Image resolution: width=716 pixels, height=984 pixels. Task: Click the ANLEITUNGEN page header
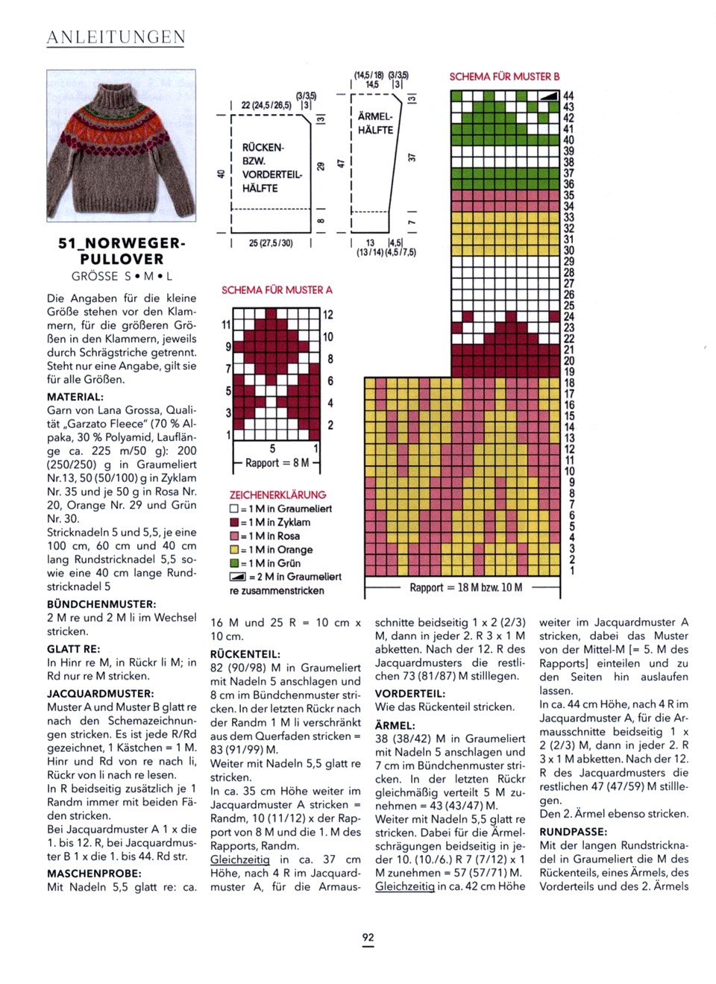pyautogui.click(x=116, y=37)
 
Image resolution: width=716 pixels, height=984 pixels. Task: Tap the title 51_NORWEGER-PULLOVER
pyautogui.click(x=122, y=251)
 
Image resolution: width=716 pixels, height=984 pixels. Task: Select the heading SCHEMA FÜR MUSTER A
pyautogui.click(x=277, y=290)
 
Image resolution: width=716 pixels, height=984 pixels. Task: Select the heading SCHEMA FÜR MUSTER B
pyautogui.click(x=504, y=77)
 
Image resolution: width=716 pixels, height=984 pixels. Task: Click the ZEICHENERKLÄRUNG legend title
pyautogui.click(x=277, y=495)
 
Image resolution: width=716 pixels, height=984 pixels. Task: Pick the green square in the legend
pyautogui.click(x=234, y=563)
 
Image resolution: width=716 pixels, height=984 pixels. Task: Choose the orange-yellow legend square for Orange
pyautogui.click(x=234, y=550)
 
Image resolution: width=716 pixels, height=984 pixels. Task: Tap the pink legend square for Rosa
pyautogui.click(x=234, y=536)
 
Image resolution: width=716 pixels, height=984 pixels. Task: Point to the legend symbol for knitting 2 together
pyautogui.click(x=236, y=577)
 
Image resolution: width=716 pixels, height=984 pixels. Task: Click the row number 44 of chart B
pyautogui.click(x=568, y=96)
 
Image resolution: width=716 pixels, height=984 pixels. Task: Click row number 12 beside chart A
pyautogui.click(x=328, y=315)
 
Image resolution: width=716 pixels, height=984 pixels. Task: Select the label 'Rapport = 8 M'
pyautogui.click(x=277, y=463)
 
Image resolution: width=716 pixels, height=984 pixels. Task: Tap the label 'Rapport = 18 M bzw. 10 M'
pyautogui.click(x=465, y=588)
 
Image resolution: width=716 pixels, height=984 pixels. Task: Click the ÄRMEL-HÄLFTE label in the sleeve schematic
pyautogui.click(x=375, y=123)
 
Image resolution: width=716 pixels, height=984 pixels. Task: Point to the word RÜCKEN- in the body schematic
pyautogui.click(x=263, y=148)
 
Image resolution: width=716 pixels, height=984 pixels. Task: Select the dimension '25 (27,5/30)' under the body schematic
pyautogui.click(x=271, y=244)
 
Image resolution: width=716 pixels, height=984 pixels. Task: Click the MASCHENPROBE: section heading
pyautogui.click(x=94, y=873)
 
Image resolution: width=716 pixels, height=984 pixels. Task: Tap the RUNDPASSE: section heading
pyautogui.click(x=573, y=832)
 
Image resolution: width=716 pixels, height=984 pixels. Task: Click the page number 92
pyautogui.click(x=368, y=938)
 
